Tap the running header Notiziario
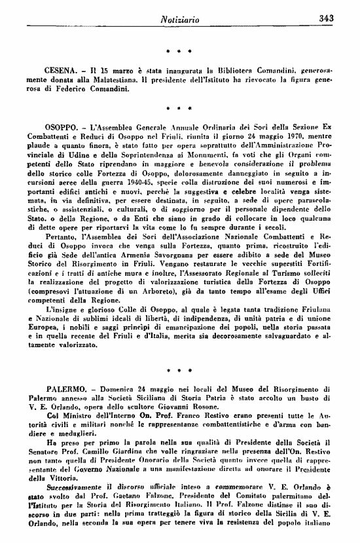click(179, 19)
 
